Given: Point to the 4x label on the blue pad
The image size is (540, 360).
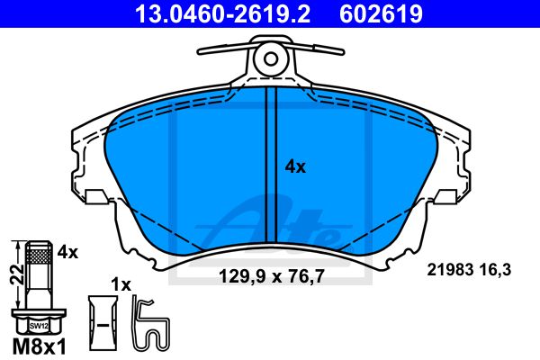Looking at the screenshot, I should click(295, 166).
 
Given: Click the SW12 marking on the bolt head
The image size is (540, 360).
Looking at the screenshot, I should click(37, 326).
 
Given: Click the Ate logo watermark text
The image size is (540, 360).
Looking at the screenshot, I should click(279, 225).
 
